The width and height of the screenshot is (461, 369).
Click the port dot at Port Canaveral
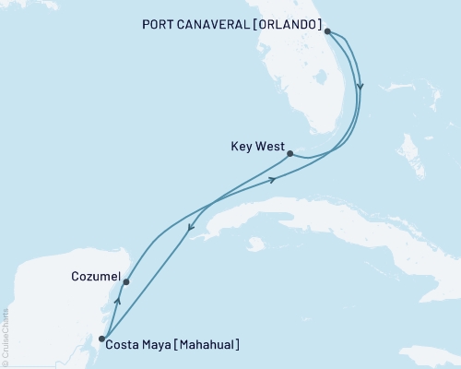(328, 30)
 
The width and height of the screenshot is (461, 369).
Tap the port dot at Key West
(290, 154)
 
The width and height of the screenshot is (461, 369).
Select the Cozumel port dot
(126, 281)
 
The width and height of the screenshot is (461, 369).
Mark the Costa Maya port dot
(101, 339)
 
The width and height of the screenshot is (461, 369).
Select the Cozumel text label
(93, 275)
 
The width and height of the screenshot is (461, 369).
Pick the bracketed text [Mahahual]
(207, 345)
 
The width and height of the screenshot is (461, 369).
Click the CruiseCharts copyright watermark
(6, 337)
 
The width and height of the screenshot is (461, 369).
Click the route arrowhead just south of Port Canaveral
(361, 88)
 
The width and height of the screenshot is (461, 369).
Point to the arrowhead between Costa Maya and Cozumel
(116, 301)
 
